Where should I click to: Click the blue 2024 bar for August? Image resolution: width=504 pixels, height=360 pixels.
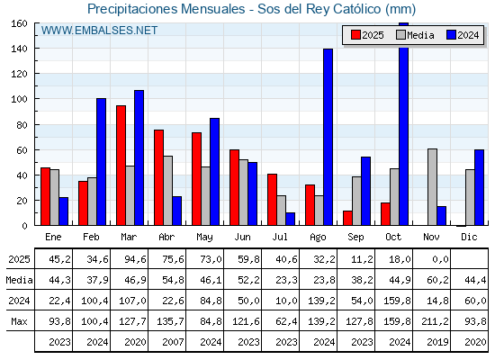coord(328,137)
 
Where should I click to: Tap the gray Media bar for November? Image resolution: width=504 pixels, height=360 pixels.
coord(432,187)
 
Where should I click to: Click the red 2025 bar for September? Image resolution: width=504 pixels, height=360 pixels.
coord(347,218)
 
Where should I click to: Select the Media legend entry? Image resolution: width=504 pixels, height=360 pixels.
coord(414,35)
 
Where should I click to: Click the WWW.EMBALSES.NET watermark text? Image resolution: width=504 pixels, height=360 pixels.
coord(99,31)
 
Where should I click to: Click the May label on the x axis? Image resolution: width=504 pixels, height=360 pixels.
coord(205,236)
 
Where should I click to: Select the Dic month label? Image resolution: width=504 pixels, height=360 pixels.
coord(470,236)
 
